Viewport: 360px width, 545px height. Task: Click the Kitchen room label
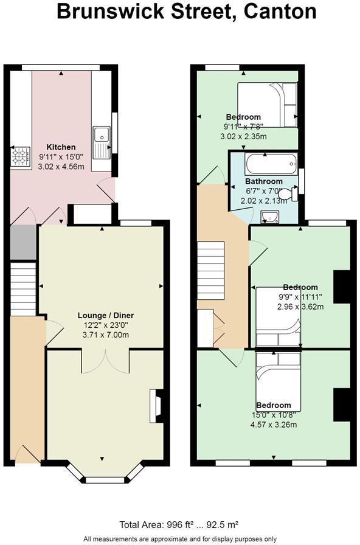[61, 147]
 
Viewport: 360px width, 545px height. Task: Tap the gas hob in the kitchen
[21, 156]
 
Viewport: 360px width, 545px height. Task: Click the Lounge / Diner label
[106, 316]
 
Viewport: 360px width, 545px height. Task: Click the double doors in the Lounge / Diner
[106, 361]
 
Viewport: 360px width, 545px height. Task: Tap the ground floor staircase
[23, 289]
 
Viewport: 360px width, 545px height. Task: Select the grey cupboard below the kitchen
[23, 242]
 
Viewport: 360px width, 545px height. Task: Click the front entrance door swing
[27, 454]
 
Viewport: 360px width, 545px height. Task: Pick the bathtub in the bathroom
[271, 164]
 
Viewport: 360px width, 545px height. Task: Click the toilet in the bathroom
[289, 194]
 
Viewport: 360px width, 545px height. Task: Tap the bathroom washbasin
[269, 217]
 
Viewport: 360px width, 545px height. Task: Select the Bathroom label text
[264, 181]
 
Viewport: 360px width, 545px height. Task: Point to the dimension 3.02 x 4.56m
[61, 167]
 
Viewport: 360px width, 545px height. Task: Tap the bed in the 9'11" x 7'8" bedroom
[267, 105]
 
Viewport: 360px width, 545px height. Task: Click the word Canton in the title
[280, 11]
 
